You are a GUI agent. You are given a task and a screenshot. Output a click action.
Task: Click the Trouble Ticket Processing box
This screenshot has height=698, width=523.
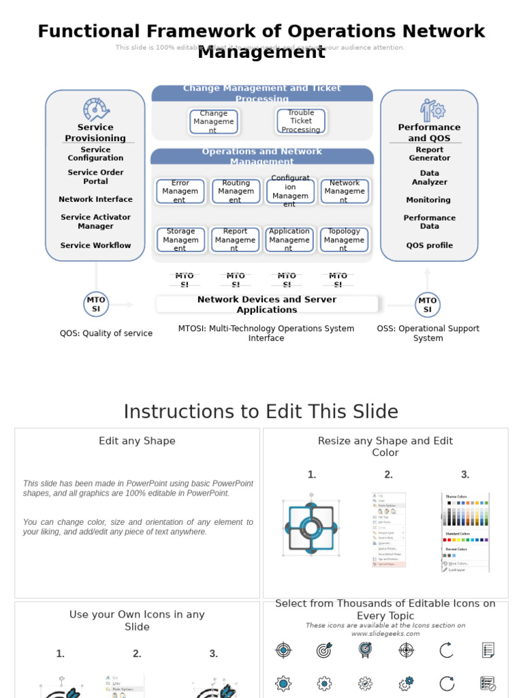point(300,121)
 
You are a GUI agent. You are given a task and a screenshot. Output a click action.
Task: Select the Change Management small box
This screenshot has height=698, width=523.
point(214,122)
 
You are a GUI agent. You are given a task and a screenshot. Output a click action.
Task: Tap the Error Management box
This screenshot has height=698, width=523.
point(180,192)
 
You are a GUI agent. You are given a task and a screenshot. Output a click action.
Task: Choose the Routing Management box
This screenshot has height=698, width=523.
point(236,192)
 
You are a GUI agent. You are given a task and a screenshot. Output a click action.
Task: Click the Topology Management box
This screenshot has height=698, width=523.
point(344,240)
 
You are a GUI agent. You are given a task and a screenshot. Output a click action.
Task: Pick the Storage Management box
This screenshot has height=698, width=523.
point(180,240)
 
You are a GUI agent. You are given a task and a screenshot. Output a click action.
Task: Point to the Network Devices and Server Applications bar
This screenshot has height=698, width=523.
point(266,304)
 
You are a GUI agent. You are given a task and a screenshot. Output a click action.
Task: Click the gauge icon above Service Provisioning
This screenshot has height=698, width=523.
point(96,109)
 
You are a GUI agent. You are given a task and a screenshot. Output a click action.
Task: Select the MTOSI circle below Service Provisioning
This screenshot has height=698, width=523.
point(96,304)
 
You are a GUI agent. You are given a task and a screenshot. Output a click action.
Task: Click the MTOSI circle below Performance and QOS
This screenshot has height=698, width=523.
point(428,305)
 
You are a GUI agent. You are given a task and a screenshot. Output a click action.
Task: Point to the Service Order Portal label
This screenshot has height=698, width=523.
point(95,177)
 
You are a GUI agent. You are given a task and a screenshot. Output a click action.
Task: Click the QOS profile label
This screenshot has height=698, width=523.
point(429,245)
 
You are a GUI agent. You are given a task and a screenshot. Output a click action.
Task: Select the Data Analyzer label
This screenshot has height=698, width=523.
point(429,178)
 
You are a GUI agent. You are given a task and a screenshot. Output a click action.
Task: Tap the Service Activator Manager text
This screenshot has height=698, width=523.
point(95,222)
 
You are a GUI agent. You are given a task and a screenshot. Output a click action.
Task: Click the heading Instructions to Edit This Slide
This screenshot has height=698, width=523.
point(261,412)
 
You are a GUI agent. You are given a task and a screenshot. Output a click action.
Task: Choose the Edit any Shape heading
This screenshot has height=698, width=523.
point(137,441)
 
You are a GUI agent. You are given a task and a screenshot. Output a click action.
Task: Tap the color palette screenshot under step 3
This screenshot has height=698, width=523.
point(466,532)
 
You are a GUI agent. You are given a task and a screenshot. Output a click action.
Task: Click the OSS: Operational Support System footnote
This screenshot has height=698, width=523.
point(428,333)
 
